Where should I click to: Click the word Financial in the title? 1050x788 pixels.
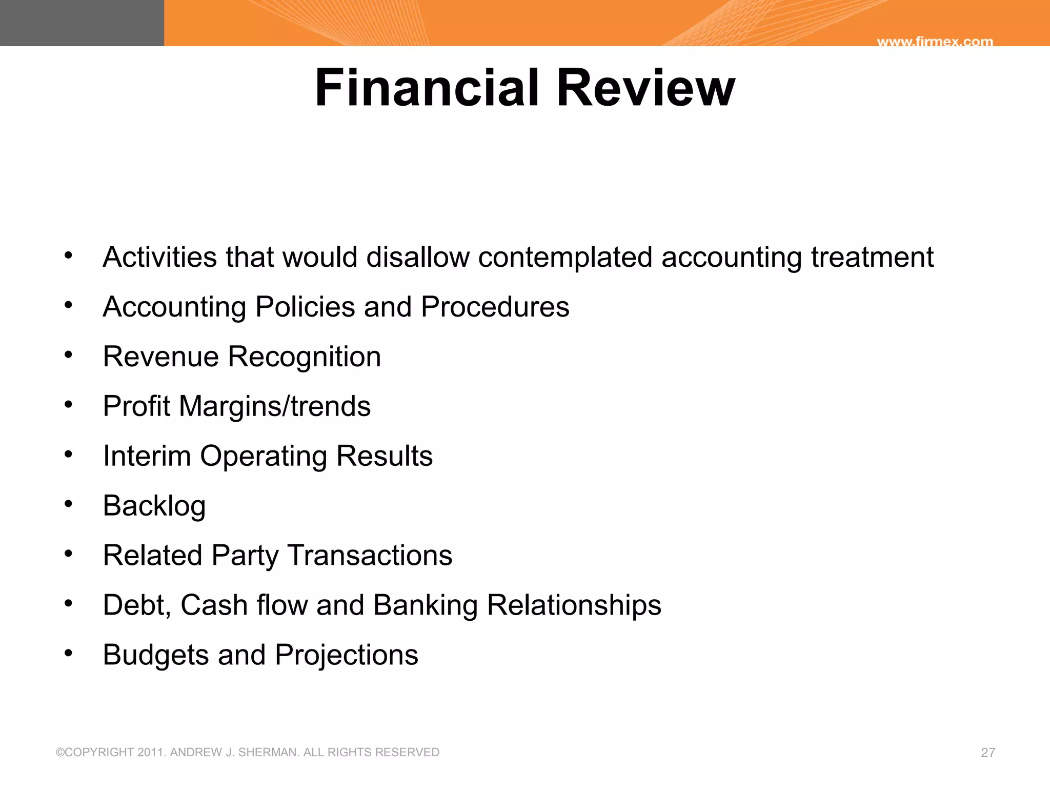[427, 88]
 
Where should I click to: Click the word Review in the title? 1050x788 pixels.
[645, 88]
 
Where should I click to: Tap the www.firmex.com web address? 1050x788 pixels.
[935, 42]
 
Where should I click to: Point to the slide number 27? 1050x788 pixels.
[988, 753]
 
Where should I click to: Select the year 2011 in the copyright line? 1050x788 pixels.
[151, 753]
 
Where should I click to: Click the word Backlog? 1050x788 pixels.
[154, 506]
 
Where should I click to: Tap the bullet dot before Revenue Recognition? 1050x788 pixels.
[69, 354]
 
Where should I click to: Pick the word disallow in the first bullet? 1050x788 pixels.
[418, 257]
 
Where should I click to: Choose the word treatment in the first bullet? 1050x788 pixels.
[872, 257]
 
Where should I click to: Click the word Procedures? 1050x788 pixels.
[495, 307]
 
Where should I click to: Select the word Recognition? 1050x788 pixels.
[304, 357]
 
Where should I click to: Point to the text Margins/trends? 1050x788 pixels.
[275, 406]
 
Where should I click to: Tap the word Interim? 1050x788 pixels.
[147, 456]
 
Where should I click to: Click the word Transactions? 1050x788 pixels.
[370, 556]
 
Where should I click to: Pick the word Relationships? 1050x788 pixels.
[574, 605]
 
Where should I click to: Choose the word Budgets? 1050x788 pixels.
[156, 655]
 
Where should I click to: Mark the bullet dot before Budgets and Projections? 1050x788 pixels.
[69, 653]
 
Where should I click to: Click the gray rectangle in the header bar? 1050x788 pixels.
[82, 23]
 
